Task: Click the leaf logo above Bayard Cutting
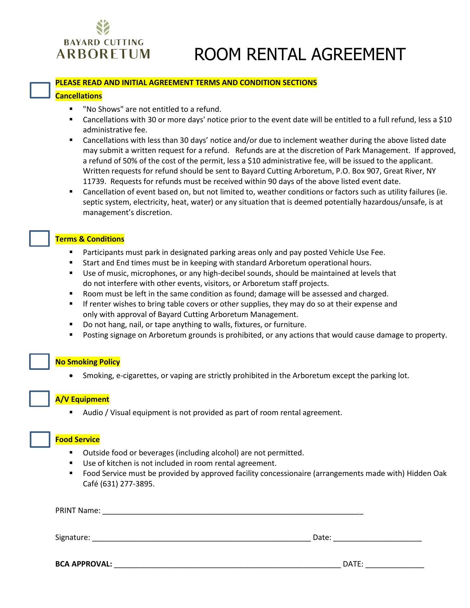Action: (103, 28)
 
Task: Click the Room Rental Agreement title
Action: (299, 54)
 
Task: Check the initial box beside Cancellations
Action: (40, 90)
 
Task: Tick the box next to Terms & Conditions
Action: (40, 238)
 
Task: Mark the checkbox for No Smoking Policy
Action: (40, 362)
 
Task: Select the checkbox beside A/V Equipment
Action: (40, 399)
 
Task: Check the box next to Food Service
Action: (40, 439)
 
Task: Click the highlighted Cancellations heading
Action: (79, 96)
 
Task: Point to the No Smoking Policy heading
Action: (87, 362)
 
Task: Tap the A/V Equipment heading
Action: (82, 399)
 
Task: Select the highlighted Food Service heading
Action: (77, 440)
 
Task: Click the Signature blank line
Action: (201, 537)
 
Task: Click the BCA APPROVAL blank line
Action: (227, 564)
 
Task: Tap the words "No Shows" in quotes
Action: (101, 110)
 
